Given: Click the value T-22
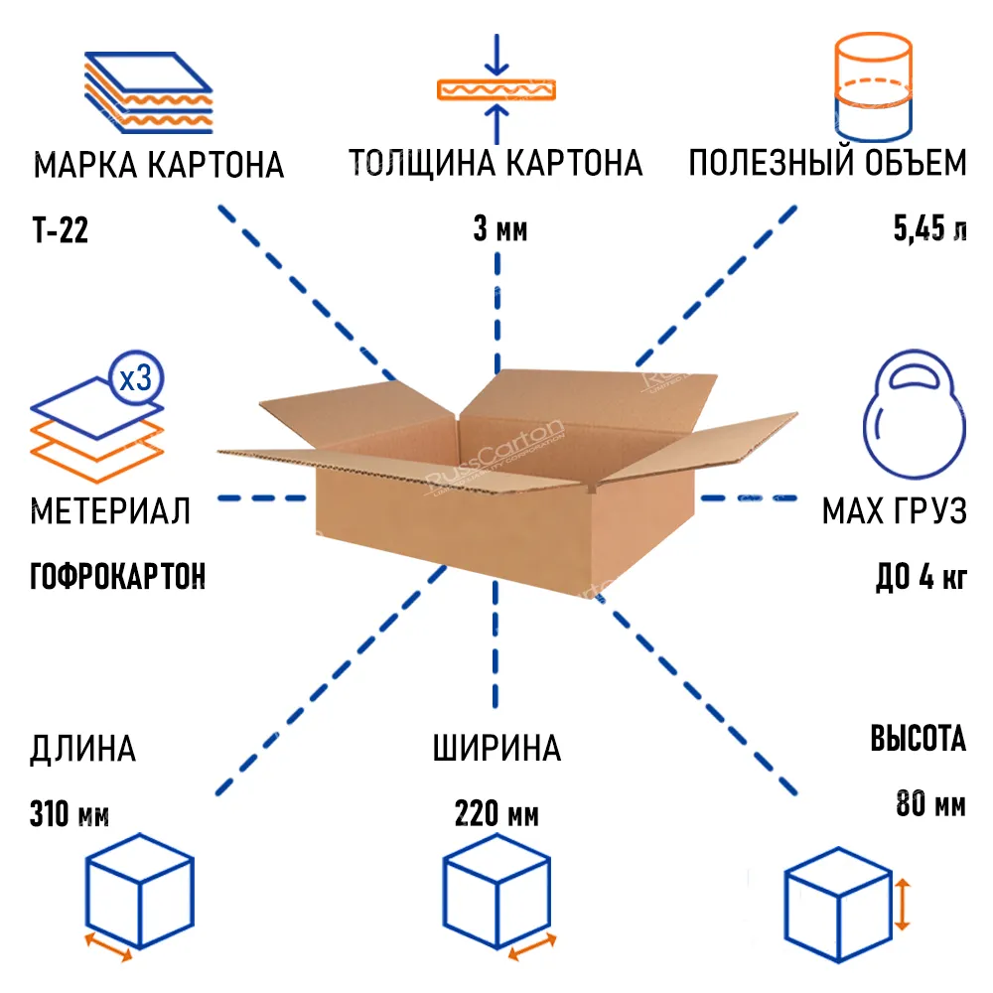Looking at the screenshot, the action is pos(61,230).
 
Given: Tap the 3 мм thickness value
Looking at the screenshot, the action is pos(499,228).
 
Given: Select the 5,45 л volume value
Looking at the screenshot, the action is pos(929,228).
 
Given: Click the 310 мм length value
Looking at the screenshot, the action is pos(70,814).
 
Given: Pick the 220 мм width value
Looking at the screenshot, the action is pos(496,814).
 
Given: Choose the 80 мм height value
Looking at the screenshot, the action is pos(931,803).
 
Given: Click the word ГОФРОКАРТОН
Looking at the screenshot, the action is pos(118,576).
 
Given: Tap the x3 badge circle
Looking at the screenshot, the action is pos(135,378).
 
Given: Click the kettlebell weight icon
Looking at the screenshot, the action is pos(914,413).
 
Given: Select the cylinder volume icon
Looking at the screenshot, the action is pos(873,86).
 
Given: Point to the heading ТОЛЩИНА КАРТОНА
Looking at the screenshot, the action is pos(496,163).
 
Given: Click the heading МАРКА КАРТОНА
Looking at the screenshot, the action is pos(158,165).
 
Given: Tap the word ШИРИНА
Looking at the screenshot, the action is pos(496,748).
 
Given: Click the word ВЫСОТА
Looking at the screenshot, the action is pos(919,738).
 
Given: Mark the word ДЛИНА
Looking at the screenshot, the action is pos(83,749).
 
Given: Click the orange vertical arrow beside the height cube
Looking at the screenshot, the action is pos(903,904).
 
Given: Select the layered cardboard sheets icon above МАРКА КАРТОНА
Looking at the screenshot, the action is pos(148,92).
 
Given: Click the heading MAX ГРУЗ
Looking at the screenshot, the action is pos(895,510).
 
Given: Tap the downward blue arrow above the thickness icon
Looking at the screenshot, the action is pos(497,55).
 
